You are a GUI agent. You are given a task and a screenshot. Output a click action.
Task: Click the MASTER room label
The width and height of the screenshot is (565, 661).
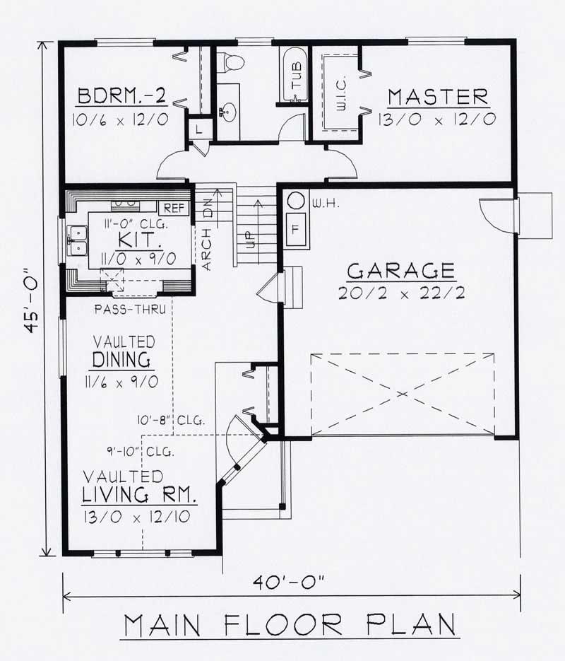point(438,95)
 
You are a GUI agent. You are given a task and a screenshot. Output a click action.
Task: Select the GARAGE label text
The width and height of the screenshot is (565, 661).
point(400,271)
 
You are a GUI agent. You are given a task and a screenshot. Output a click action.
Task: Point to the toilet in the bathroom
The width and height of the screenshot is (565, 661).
point(231,62)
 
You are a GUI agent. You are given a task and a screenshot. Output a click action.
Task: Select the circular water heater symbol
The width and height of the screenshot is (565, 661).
point(296,202)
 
